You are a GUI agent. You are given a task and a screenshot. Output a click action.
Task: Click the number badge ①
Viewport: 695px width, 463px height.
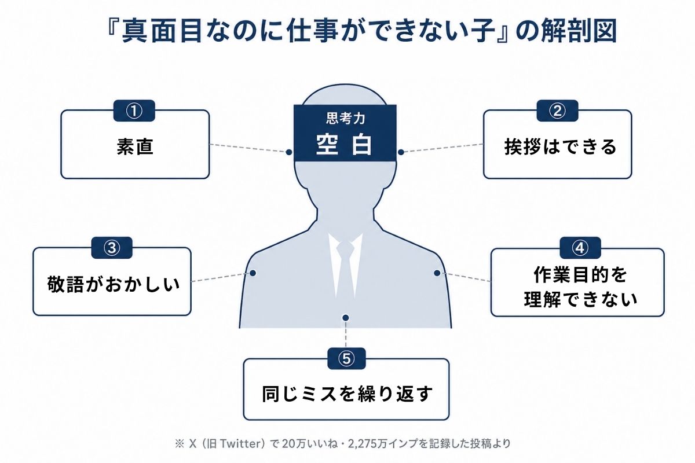[134, 111]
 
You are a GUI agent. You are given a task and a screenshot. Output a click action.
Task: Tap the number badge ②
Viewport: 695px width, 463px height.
[557, 111]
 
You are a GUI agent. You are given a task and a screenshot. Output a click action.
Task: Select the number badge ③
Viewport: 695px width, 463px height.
[112, 248]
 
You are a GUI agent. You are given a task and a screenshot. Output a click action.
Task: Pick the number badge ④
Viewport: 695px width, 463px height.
[580, 248]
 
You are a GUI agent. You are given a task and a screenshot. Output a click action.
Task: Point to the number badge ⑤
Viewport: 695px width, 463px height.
[346, 358]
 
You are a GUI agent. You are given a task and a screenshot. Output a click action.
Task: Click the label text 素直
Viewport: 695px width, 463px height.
[135, 146]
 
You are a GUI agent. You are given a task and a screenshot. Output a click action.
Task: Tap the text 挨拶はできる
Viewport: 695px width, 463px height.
[560, 146]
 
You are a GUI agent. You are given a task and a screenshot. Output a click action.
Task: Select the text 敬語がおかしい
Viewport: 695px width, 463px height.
[114, 284]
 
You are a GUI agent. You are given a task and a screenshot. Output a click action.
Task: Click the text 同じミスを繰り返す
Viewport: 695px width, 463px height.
[347, 394]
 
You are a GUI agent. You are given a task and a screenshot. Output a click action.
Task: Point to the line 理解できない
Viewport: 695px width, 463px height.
[580, 299]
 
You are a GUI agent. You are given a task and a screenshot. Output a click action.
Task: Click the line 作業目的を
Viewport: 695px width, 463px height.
[580, 275]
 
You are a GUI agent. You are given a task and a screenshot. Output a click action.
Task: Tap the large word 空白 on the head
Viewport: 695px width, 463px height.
[344, 145]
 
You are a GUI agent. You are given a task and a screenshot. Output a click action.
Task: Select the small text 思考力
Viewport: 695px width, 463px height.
[345, 118]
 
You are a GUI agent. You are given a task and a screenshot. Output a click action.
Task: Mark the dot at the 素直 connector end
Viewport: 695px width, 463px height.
[289, 152]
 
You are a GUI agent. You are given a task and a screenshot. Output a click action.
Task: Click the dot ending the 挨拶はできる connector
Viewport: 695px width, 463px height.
[401, 152]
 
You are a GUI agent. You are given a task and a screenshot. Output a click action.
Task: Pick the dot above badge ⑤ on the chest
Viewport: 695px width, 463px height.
[346, 318]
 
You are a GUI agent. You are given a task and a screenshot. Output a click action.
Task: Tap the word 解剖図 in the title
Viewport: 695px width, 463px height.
[579, 31]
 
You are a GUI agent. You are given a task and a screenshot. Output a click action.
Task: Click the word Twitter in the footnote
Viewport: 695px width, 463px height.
[240, 444]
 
